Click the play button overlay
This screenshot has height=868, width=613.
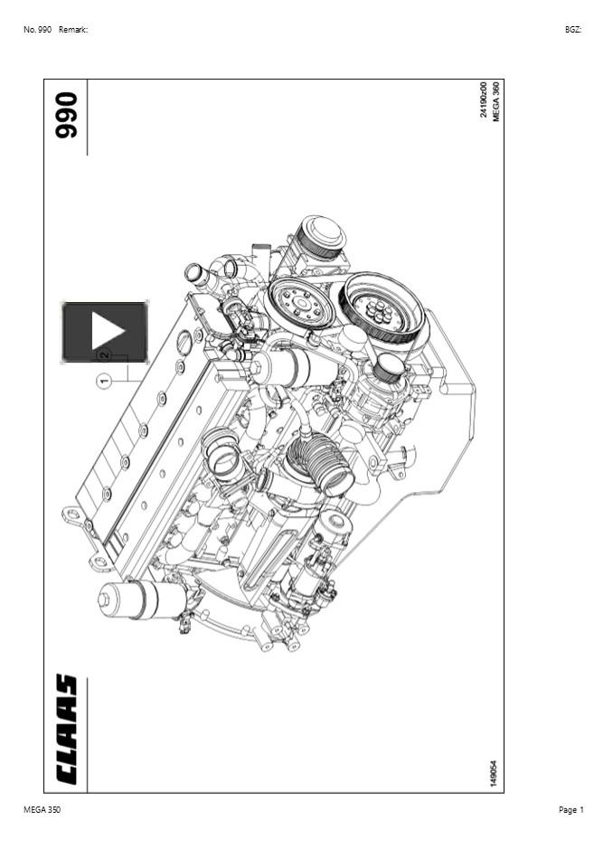(105, 331)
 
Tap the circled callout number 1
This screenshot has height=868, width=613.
(104, 382)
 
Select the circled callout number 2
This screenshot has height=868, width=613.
(104, 355)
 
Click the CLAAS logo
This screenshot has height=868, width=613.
(67, 729)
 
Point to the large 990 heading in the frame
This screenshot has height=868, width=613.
(67, 115)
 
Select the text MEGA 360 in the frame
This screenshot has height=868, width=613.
(495, 101)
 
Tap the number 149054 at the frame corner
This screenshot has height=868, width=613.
(494, 773)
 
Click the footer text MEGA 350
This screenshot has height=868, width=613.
(42, 810)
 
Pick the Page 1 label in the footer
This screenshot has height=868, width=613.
(571, 810)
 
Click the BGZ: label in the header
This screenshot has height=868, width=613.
(573, 30)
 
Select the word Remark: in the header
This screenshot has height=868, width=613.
(73, 30)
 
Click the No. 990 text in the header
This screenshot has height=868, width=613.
(37, 30)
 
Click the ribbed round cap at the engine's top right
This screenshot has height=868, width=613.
(321, 237)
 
